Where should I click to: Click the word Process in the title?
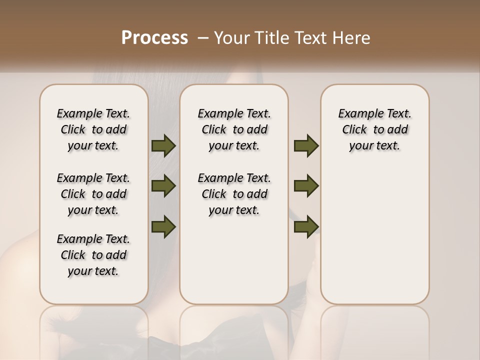[154, 38]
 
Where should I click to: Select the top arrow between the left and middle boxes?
[163, 145]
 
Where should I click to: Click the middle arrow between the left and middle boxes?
[163, 186]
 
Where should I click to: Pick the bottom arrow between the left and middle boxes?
[163, 226]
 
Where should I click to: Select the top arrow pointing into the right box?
[306, 145]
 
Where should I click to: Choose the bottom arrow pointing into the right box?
[306, 226]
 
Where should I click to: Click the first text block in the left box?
[93, 129]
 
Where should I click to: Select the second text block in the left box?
[93, 194]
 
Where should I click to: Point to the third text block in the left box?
[93, 255]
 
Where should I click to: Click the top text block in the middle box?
[234, 129]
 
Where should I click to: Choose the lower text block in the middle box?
[234, 194]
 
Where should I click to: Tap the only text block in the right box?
[375, 129]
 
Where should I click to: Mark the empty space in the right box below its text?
[375, 230]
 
